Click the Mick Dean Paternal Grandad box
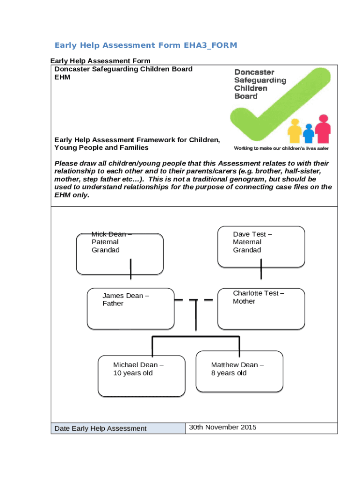coord(120,254)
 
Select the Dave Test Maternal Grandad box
coord(261,247)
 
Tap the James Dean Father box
coord(130,309)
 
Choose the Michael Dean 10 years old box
coord(142,376)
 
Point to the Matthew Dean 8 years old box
coord(239,371)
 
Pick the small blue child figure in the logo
coord(308,133)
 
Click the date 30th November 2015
coord(223,427)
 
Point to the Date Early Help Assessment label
coord(101,428)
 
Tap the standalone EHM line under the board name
coord(63,77)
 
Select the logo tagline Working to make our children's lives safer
coord(281,148)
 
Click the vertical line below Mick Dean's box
coord(130,269)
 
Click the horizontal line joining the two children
coord(196,336)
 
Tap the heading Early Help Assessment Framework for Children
coord(137,140)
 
